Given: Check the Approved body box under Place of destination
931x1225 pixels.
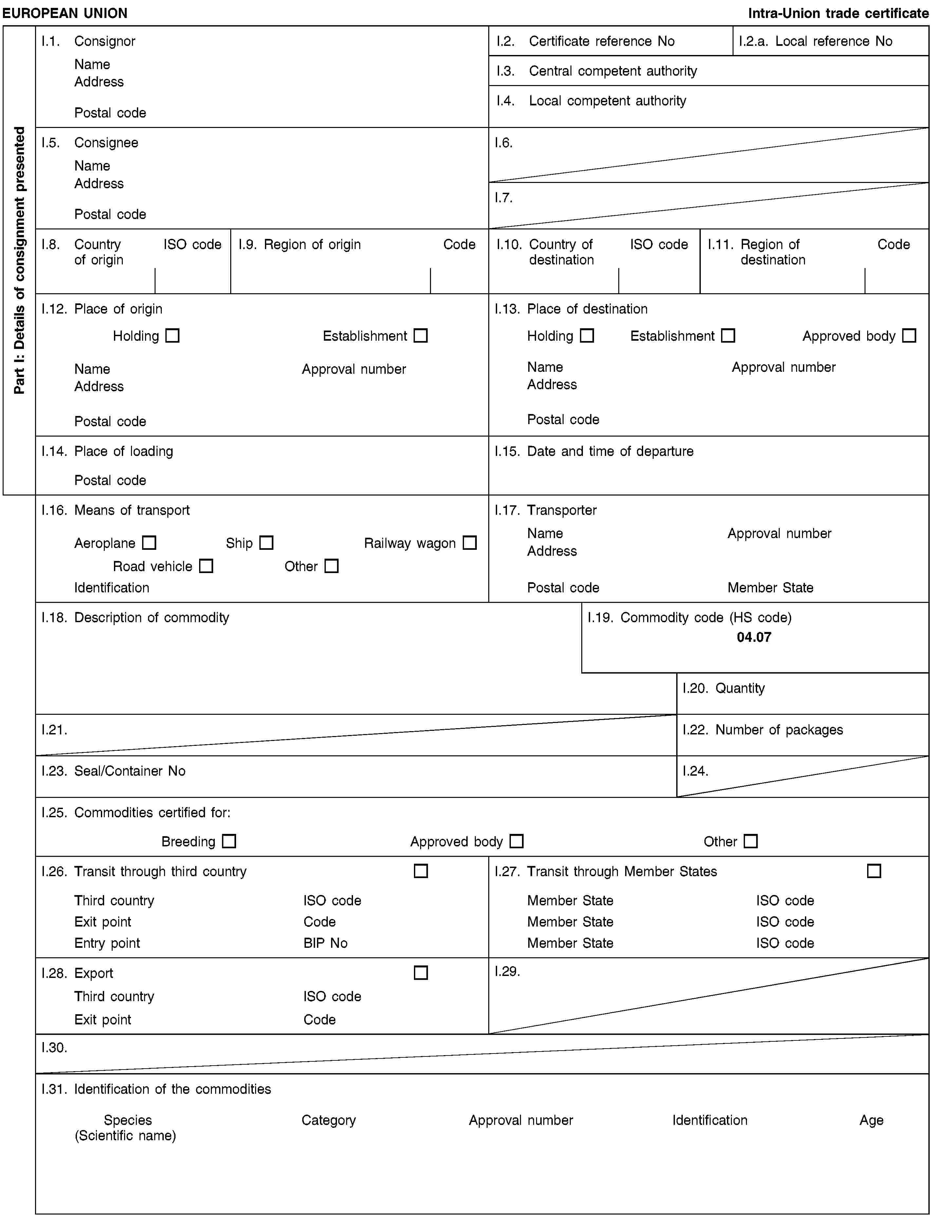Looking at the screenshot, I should coord(909,335).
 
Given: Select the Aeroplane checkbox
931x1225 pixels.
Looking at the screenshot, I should coord(149,543).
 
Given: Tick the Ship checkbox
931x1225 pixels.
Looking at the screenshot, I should coord(267,543).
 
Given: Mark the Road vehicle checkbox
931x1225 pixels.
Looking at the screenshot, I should coord(206,566).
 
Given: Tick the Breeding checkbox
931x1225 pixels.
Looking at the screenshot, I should coord(229,841).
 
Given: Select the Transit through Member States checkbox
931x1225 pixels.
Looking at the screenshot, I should coord(874,871).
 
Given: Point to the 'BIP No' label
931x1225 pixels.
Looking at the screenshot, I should coord(325,943).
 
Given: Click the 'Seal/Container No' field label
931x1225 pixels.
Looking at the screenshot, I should coord(130,771).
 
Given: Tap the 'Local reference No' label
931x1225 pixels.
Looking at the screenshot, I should coord(833,41).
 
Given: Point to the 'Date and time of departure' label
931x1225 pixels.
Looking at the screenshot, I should coord(610,451).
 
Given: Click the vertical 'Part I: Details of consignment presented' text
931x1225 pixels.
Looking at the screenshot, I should coord(19,260).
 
